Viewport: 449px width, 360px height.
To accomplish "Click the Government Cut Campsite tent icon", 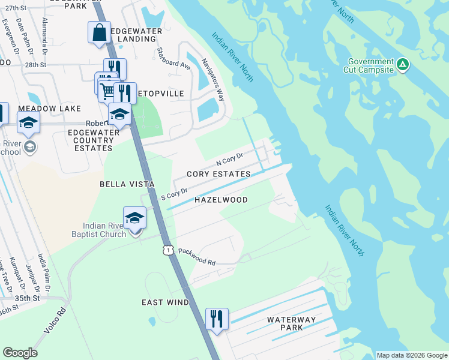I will coord(403,64).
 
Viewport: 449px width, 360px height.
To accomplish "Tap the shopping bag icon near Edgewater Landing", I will coord(100,32).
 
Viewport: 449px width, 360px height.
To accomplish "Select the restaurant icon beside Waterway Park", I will coord(217,319).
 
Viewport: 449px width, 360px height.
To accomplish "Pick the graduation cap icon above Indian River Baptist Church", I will coord(135,218).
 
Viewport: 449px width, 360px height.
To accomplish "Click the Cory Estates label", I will coord(218,174).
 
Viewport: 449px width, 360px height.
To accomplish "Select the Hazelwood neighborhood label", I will coord(221,200).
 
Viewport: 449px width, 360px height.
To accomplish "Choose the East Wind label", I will coord(166,302).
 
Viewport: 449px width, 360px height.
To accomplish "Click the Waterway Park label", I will coord(291,324).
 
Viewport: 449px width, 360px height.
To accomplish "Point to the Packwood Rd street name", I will coord(196,257).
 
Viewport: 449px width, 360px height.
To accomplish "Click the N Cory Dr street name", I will coord(229,160).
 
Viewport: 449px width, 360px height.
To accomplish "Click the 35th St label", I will coord(28,298).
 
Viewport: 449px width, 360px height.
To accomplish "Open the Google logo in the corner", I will coord(20,353).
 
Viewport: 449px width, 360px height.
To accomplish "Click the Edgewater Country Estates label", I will coord(90,140).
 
